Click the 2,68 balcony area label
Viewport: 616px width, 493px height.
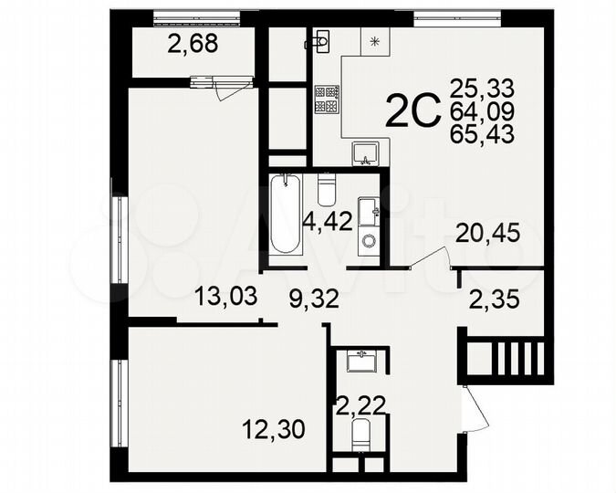pyautogui.click(x=193, y=45)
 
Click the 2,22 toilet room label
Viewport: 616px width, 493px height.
pyautogui.click(x=357, y=401)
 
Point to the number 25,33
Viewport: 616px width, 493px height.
pyautogui.click(x=482, y=89)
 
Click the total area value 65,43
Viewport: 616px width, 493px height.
pyautogui.click(x=482, y=133)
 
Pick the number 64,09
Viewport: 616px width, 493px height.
pyautogui.click(x=482, y=111)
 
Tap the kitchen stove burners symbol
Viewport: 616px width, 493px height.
pyautogui.click(x=327, y=100)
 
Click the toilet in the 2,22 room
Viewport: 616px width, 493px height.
pyautogui.click(x=360, y=435)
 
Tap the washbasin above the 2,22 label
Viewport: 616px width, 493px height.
pyautogui.click(x=363, y=360)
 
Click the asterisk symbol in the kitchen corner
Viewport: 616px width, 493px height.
pyautogui.click(x=374, y=39)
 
